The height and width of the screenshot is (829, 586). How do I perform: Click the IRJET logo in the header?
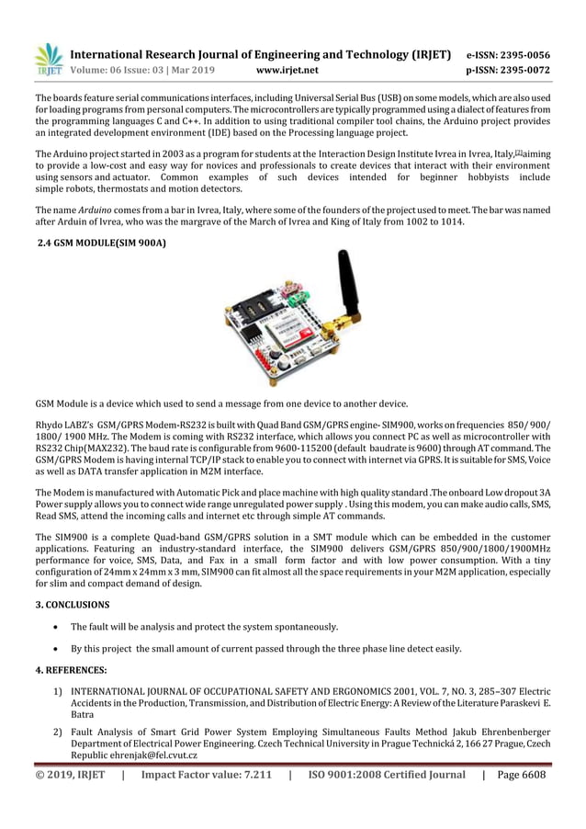coord(48,58)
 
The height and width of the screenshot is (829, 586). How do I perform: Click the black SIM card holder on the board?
coord(254,308)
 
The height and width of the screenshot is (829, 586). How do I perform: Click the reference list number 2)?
coord(57,729)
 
